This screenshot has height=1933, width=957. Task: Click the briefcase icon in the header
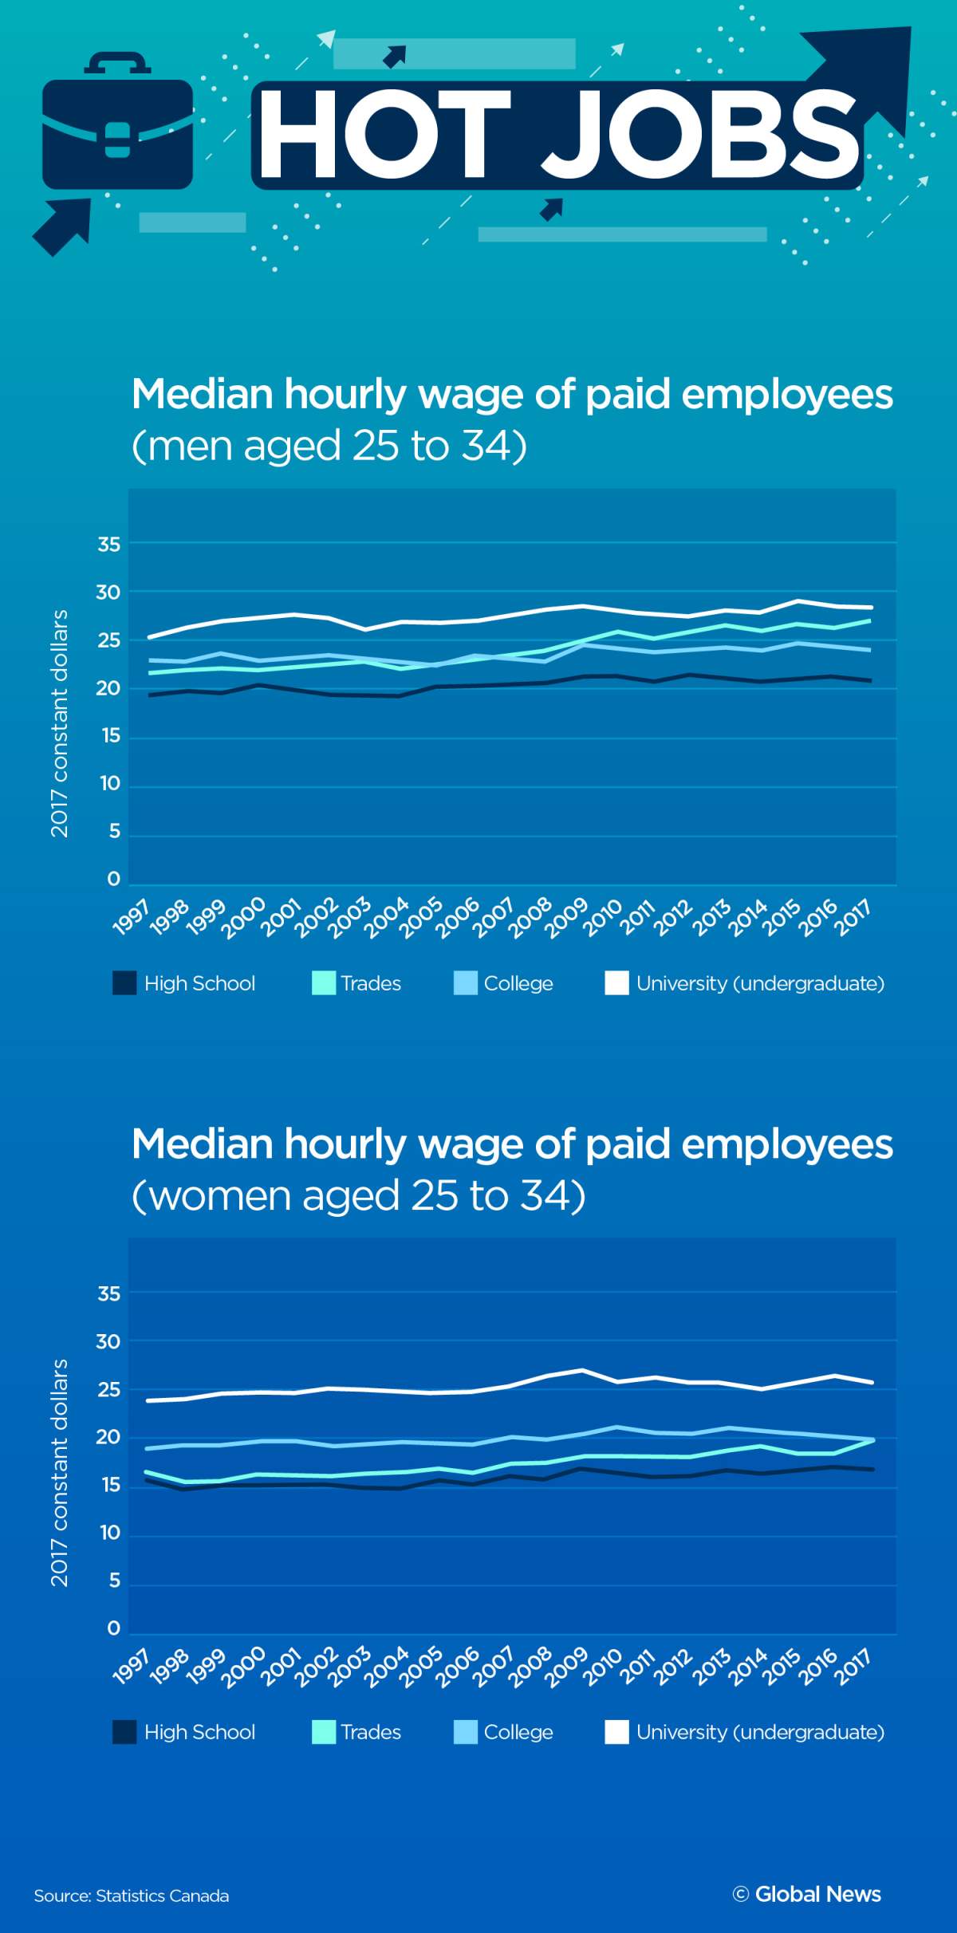(117, 128)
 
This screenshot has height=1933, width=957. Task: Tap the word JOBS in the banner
(702, 133)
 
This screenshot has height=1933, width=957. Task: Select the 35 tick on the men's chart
(108, 545)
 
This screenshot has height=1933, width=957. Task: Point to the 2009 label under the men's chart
(568, 918)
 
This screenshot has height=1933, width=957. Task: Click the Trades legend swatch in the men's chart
(324, 983)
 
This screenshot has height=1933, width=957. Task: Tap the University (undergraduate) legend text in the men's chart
(760, 983)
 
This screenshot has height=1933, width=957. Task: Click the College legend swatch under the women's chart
(466, 1732)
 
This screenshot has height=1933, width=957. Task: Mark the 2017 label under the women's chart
(855, 1667)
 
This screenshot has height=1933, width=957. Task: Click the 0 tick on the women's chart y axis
(113, 1628)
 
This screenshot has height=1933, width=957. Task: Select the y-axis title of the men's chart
(60, 723)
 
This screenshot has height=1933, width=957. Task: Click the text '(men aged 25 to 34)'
(329, 445)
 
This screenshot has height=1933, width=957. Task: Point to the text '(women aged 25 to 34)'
(359, 1195)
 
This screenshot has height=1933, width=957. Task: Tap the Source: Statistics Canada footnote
(132, 1896)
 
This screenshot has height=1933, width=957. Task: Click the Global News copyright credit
(807, 1894)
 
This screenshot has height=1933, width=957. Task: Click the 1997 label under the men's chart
(132, 918)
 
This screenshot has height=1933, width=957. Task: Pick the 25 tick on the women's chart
(108, 1390)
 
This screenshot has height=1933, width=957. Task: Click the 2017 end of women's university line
(872, 1382)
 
